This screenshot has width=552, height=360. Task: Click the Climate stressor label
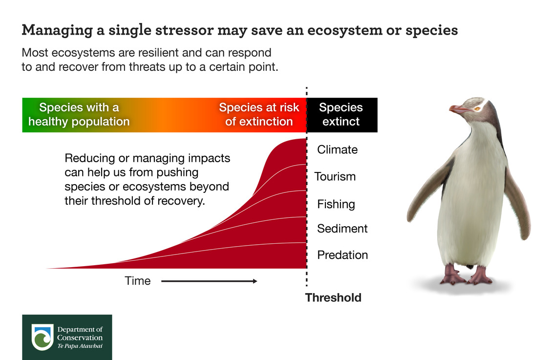tap(337, 149)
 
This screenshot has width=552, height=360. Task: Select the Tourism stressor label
tap(335, 176)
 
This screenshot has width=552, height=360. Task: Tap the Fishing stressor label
tap(336, 204)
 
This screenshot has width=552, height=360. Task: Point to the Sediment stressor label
tap(342, 229)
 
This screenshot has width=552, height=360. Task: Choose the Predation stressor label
tap(342, 255)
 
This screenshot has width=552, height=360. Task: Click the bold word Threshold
tap(333, 297)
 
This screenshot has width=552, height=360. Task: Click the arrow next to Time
tap(209, 281)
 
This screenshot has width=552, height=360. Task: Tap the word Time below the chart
tap(138, 281)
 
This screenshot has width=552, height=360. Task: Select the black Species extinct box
tap(342, 115)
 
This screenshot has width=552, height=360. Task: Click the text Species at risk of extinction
tap(259, 114)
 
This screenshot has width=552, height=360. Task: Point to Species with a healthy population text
tap(79, 114)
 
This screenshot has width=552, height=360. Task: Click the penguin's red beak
tap(459, 109)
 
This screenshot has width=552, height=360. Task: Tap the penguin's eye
tap(477, 109)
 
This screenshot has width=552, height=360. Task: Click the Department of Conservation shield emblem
tap(42, 337)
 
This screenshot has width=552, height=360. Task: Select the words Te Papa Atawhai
tap(80, 346)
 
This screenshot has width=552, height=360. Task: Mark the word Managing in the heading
tap(57, 31)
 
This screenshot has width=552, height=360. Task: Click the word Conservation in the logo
tap(80, 338)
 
